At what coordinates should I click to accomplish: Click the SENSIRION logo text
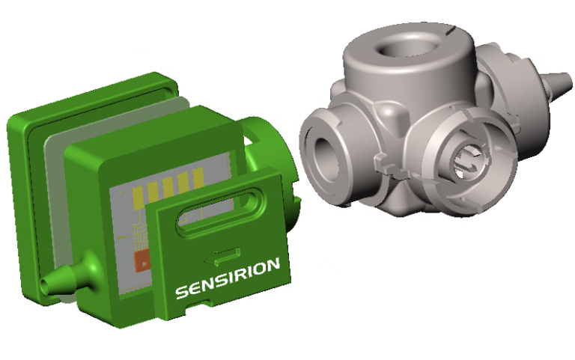coord(228,278)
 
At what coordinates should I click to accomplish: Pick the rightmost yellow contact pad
coord(198,178)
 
